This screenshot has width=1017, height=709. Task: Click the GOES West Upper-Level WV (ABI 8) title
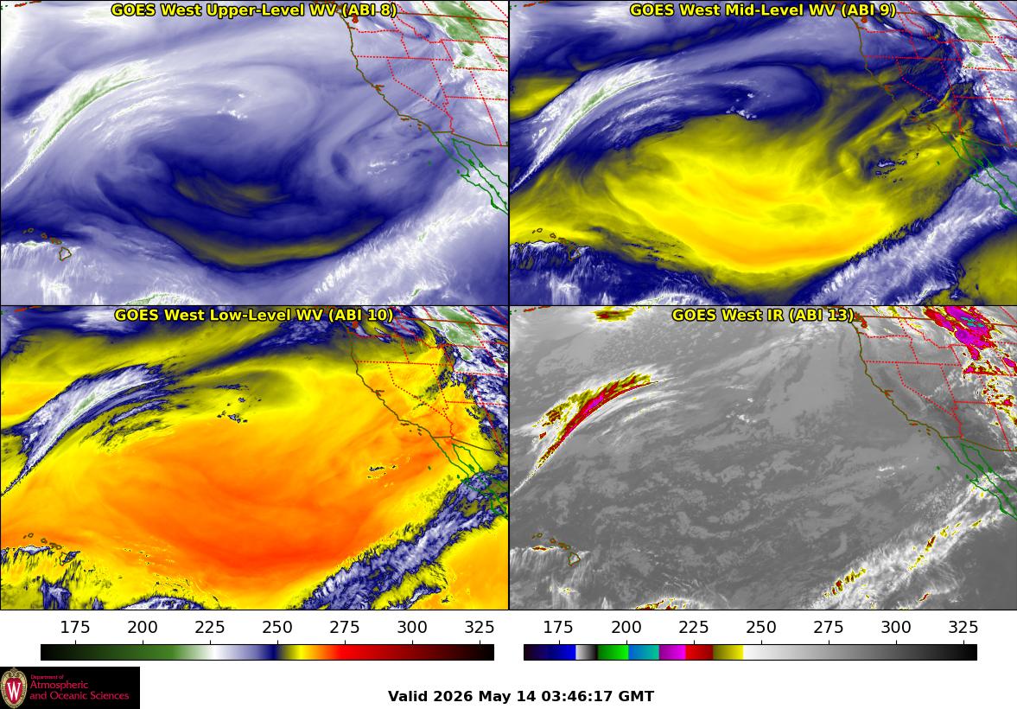[253, 10]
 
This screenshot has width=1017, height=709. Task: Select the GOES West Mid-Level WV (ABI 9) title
[763, 10]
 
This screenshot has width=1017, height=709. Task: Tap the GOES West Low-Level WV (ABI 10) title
[253, 315]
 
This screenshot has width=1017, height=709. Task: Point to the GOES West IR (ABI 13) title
[763, 315]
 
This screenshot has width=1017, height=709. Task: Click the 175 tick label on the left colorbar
[75, 627]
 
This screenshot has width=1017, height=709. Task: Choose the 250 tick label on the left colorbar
[277, 627]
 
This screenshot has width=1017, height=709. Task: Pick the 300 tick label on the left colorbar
[412, 627]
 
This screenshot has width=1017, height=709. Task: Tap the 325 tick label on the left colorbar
[480, 627]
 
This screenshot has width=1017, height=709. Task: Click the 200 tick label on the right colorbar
[626, 627]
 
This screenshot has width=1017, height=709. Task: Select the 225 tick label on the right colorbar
[693, 627]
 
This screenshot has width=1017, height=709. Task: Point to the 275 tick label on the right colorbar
[829, 627]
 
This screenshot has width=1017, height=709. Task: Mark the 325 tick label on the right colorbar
[963, 627]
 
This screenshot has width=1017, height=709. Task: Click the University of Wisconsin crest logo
[15, 688]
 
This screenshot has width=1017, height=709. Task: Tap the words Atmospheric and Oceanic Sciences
[79, 690]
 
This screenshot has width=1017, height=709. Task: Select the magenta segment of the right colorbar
[672, 652]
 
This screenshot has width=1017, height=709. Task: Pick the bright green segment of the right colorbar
[613, 652]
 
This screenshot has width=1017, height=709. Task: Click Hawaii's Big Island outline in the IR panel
[574, 558]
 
